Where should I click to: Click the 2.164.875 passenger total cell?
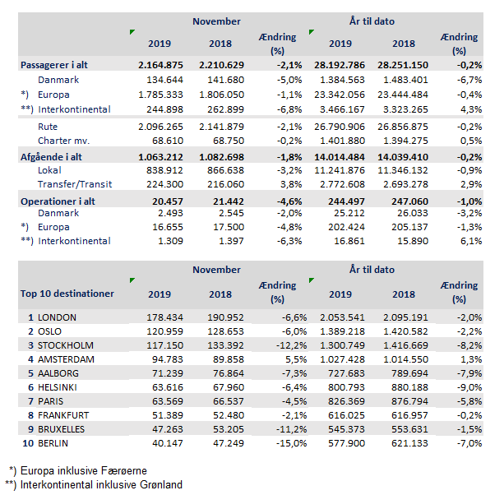pos(158,64)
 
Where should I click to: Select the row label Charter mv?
pos(64,140)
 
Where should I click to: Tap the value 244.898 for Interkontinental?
pos(164,109)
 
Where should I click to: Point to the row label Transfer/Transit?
pos(74,184)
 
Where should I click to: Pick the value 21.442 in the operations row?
pos(218,201)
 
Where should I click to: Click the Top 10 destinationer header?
pos(67,293)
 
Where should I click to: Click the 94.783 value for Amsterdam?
pos(164,359)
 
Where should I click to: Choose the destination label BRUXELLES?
pos(70,429)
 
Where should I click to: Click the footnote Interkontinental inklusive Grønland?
pos(104,484)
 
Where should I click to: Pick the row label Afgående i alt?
pos(53,156)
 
